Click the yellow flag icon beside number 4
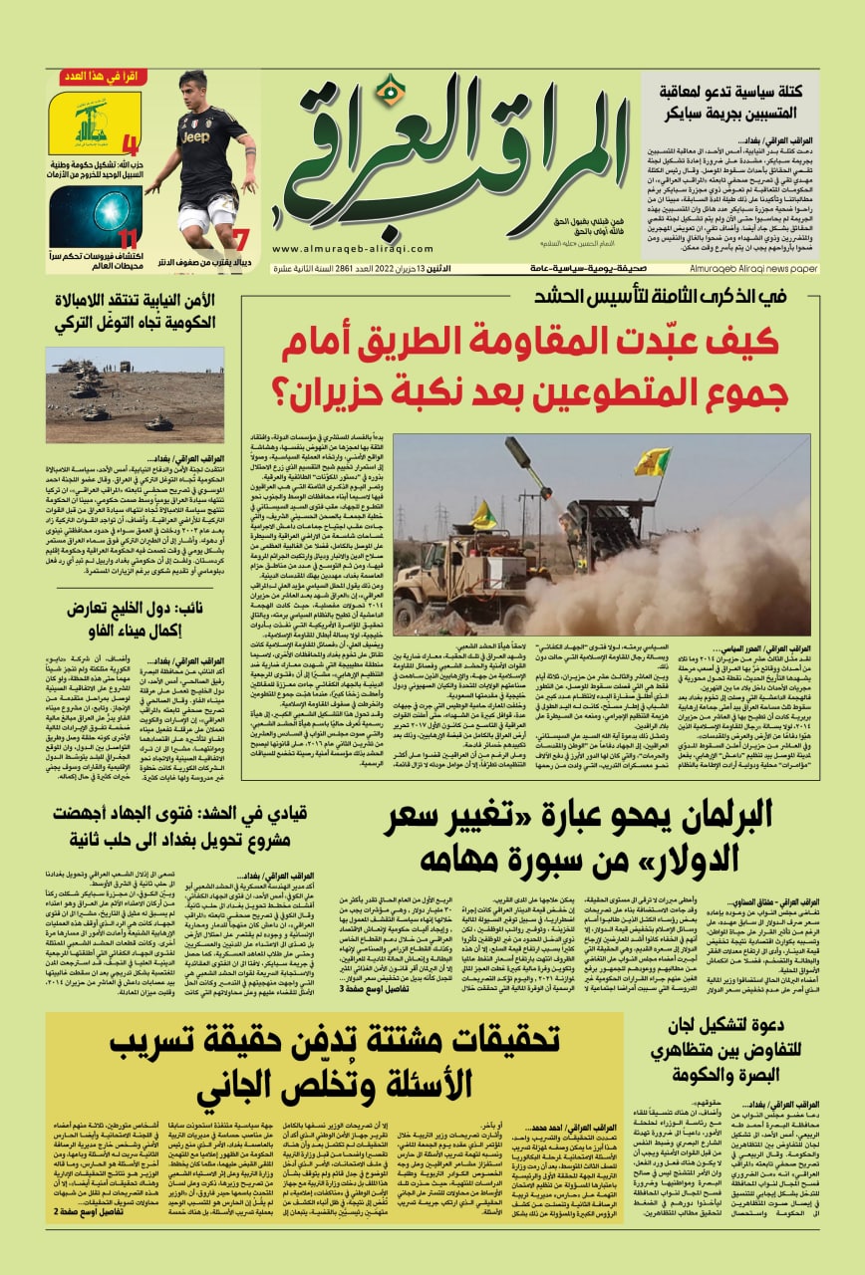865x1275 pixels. coord(81,123)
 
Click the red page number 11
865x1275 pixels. coord(127,239)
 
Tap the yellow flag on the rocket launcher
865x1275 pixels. coord(652,461)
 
